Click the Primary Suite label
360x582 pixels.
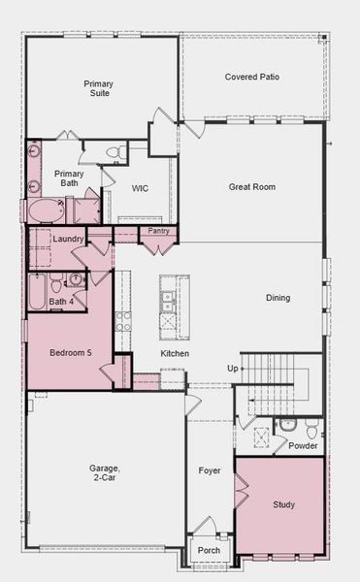[x=98, y=89]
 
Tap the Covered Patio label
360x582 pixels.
[x=252, y=77]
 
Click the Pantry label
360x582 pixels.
[x=157, y=232]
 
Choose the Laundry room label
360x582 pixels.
[x=68, y=239]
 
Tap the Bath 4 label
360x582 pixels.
[x=61, y=303]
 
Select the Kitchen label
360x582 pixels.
[x=175, y=354]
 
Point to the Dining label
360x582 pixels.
[x=278, y=298]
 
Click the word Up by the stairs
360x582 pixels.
[x=232, y=369]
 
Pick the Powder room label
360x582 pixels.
[x=302, y=445]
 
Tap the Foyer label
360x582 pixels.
[x=210, y=470]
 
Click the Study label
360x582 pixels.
[x=283, y=504]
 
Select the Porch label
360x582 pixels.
[x=210, y=550]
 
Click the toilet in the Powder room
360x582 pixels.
[x=311, y=428]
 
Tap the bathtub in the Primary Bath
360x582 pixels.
[x=45, y=210]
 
